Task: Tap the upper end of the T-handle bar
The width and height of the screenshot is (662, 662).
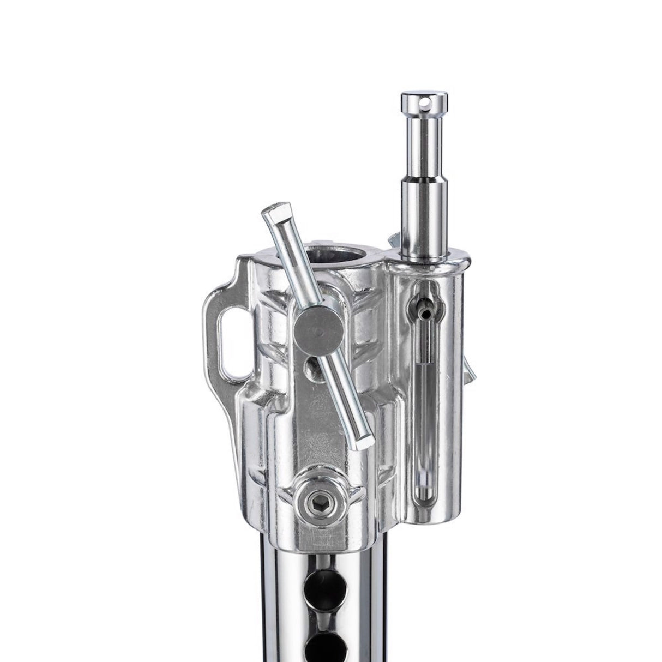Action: [x=272, y=214]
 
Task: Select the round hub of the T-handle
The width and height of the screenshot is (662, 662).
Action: [x=315, y=331]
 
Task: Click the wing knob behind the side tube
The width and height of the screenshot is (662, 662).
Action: [x=468, y=371]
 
